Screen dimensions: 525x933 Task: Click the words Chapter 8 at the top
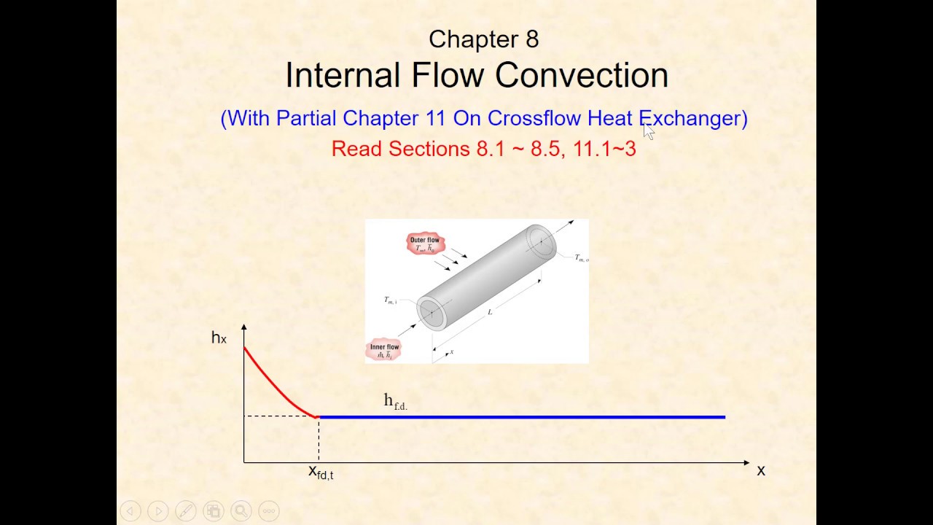[483, 39]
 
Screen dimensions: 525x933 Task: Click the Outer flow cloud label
[425, 244]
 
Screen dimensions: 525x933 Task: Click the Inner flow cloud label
[384, 351]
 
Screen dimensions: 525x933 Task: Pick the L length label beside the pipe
[490, 312]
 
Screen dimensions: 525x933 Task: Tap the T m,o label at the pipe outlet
[581, 258]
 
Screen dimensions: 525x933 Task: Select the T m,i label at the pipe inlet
[391, 300]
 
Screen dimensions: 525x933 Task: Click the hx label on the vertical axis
[219, 338]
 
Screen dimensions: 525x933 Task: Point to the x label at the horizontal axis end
[761, 471]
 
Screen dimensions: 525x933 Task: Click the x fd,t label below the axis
[321, 472]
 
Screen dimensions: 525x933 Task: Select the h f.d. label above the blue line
[395, 401]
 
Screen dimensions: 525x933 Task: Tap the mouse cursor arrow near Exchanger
[649, 131]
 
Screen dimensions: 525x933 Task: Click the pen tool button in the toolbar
[185, 511]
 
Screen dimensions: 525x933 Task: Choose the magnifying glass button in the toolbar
[241, 511]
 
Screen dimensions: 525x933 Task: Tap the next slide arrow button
[157, 511]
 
